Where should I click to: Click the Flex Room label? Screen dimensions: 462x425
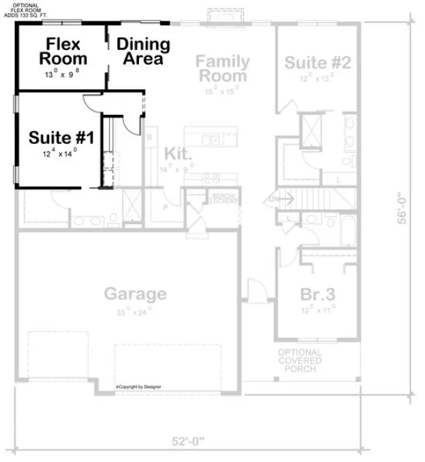[63, 51]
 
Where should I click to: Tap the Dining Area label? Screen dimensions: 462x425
[143, 51]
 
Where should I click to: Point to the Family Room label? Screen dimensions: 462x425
[223, 68]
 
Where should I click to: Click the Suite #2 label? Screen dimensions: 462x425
[317, 63]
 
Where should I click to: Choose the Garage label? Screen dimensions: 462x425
[136, 293]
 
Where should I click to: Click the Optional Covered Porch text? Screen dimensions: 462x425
[300, 360]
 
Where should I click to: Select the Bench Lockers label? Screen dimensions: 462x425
[224, 198]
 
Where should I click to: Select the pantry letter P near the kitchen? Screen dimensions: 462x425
[166, 207]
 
